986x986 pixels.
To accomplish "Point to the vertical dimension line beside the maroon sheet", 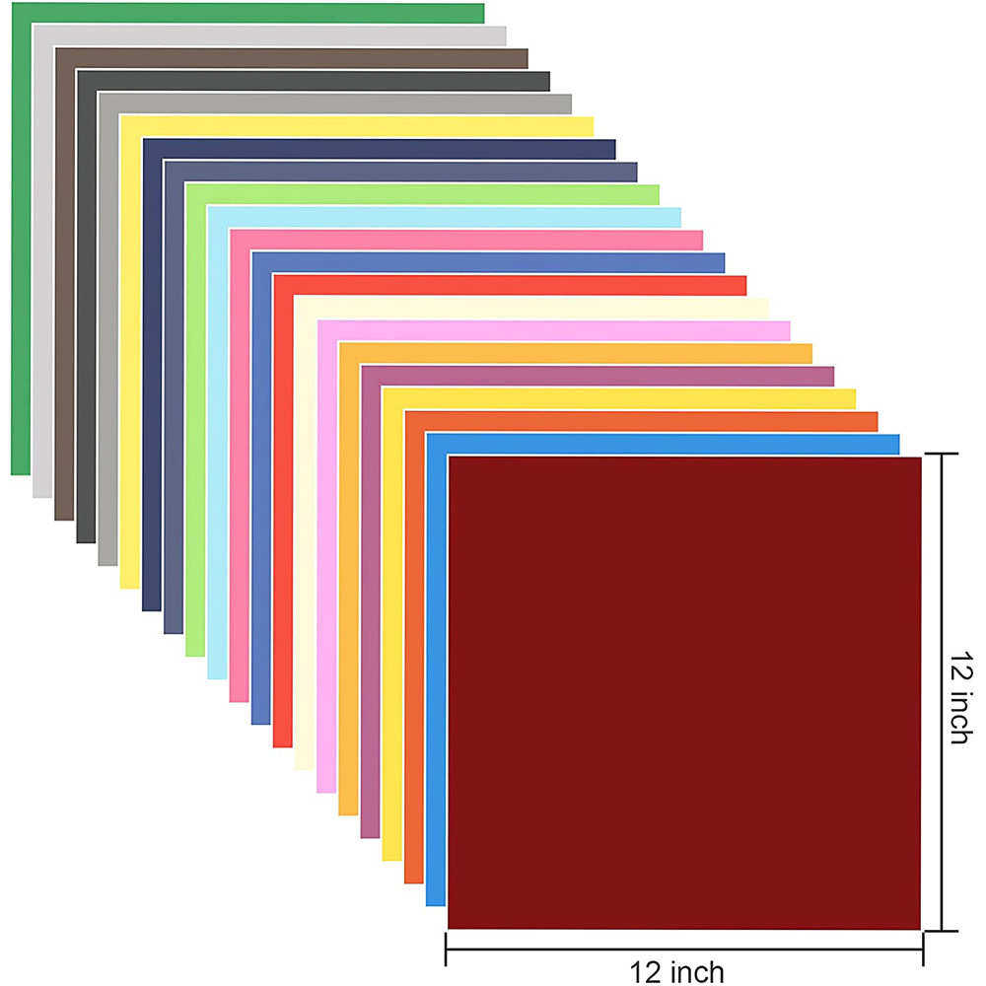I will pyautogui.click(x=943, y=690).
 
